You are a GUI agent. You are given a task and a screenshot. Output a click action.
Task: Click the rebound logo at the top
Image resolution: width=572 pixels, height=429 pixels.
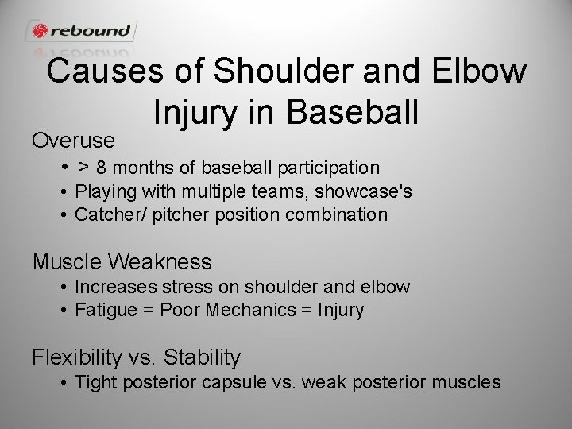(x=82, y=31)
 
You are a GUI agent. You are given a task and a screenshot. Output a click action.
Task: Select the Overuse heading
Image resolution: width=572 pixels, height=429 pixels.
(x=74, y=141)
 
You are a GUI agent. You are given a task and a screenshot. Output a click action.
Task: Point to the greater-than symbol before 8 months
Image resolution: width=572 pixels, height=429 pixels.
(x=83, y=168)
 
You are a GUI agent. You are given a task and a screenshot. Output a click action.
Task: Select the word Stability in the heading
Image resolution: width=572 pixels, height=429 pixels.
(x=202, y=357)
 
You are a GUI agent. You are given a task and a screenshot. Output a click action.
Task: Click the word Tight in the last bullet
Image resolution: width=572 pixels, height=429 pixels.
(x=94, y=382)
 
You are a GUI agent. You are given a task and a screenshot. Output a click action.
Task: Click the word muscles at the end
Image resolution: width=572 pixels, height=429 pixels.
(x=467, y=382)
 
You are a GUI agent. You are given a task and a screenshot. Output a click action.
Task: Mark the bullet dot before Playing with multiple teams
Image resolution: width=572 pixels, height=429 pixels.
(x=62, y=191)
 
